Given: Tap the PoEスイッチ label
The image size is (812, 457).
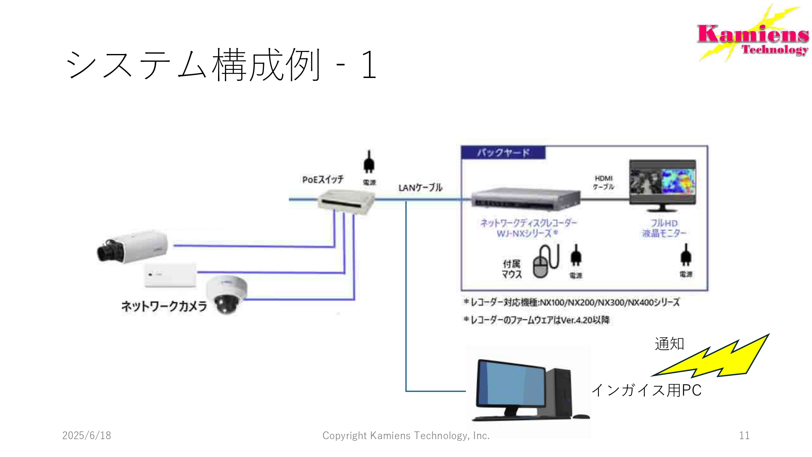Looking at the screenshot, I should click(323, 180).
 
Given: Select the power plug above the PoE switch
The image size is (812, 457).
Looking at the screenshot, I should click(369, 162).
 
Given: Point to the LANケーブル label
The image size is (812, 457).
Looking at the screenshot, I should click(420, 188).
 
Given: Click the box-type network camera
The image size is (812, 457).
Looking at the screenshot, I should click(132, 247).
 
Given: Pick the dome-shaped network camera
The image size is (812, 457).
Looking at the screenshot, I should click(226, 294).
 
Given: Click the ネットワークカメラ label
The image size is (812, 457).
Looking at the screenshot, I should click(164, 306).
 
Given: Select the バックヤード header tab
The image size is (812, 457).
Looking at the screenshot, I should click(503, 153).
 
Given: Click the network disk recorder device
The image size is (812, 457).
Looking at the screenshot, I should click(526, 199).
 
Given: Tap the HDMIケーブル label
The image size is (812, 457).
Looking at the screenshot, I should click(603, 182).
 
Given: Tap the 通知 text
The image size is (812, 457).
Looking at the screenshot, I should click(669, 344).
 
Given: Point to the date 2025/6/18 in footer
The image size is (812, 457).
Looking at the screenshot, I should click(86, 435).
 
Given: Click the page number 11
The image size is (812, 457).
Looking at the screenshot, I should click(744, 435).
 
